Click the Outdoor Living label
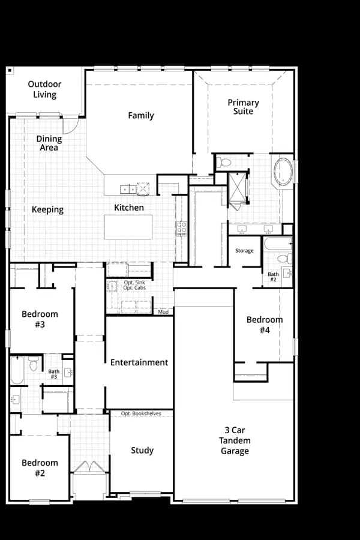click(x=44, y=89)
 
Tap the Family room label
click(x=141, y=115)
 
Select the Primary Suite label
click(x=243, y=107)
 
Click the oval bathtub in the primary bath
click(x=283, y=172)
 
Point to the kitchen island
click(x=128, y=227)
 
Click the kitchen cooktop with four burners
click(x=182, y=229)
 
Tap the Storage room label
click(x=244, y=251)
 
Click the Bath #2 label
click(x=273, y=277)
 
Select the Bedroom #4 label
click(x=265, y=325)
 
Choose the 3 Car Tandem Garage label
click(x=235, y=440)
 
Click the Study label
click(x=142, y=451)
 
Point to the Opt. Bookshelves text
click(x=141, y=413)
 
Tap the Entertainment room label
click(x=139, y=362)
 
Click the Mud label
click(x=163, y=312)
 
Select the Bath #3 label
click(x=54, y=374)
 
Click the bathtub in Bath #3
click(x=17, y=370)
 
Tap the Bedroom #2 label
click(x=40, y=467)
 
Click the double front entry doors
click(x=89, y=466)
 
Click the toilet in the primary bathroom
click(x=224, y=162)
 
